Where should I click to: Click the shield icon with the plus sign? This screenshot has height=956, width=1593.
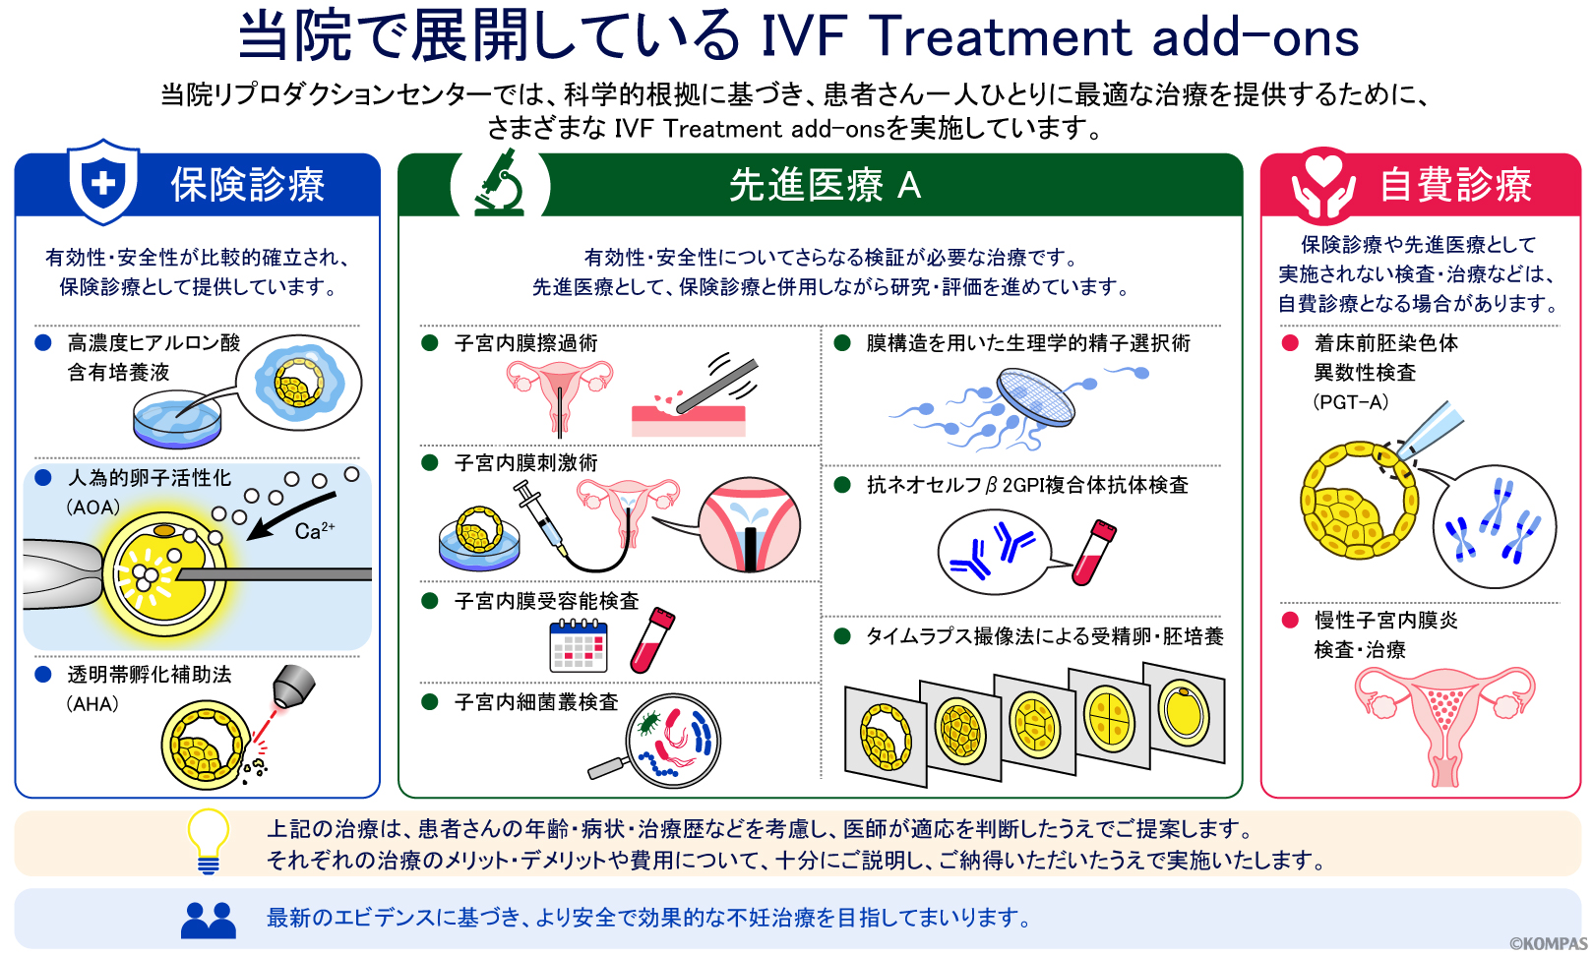[x=103, y=182]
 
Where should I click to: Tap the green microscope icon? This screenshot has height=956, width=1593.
[x=500, y=183]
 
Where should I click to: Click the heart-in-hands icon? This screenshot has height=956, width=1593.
[x=1322, y=184]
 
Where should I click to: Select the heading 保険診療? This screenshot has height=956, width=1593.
[x=248, y=185]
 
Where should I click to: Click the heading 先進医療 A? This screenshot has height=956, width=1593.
[x=825, y=186]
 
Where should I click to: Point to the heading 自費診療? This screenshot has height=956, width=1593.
[x=1456, y=185]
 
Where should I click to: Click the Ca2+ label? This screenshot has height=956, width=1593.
[x=314, y=530]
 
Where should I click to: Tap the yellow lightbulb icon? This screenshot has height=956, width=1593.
[x=208, y=841]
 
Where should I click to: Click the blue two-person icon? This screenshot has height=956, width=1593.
[x=209, y=921]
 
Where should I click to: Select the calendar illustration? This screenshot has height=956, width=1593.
[x=579, y=645]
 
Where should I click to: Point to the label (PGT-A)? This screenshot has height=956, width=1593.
[x=1351, y=402]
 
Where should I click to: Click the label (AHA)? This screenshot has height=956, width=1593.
[x=92, y=704]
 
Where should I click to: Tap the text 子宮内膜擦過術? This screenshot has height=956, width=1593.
[x=526, y=343]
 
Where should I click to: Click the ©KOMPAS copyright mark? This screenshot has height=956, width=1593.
[x=1548, y=943]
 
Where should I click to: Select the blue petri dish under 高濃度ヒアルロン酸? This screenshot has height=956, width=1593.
[x=177, y=419]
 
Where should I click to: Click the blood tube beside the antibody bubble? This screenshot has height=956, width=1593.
[x=1094, y=553]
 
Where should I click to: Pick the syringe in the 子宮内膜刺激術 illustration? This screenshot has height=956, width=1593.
[x=540, y=519]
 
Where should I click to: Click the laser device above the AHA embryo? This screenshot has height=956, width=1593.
[x=293, y=687]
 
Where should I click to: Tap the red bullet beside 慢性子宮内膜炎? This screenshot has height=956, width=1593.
[x=1290, y=620]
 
